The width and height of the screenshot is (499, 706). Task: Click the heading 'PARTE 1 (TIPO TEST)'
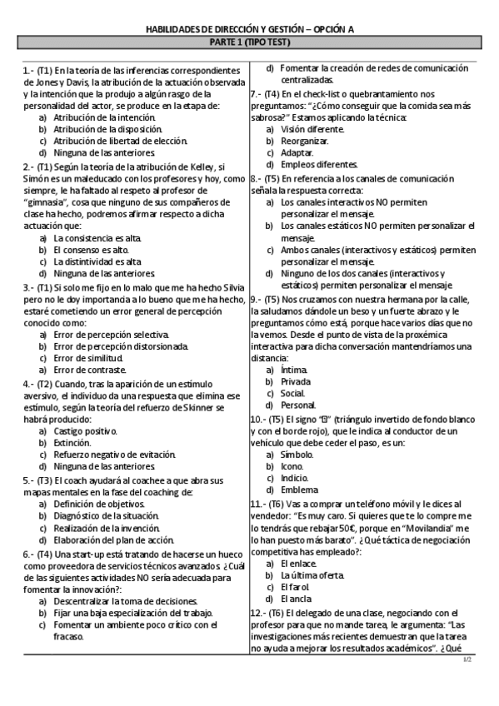point(250,41)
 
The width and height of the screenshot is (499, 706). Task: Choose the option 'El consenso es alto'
point(91,249)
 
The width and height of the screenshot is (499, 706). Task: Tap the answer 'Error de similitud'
point(88,358)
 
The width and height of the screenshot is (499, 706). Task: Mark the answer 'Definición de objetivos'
point(99,505)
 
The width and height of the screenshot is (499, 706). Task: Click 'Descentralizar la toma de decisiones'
point(126,601)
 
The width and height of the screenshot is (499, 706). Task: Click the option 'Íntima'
point(294,369)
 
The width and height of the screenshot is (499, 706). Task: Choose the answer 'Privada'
point(296,381)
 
